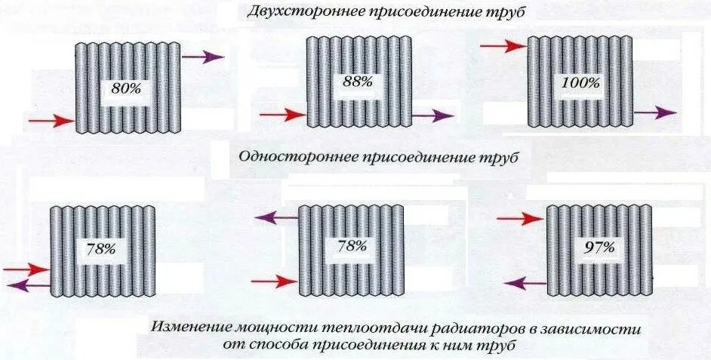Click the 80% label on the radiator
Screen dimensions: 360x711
coord(125,88)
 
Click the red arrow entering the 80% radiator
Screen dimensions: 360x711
coord(51,120)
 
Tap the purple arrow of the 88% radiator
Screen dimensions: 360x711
coord(433,115)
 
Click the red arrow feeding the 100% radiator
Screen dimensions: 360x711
coord(502,46)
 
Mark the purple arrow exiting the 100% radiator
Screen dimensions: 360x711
coord(654,112)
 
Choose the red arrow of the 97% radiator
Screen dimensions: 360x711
coord(521,219)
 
